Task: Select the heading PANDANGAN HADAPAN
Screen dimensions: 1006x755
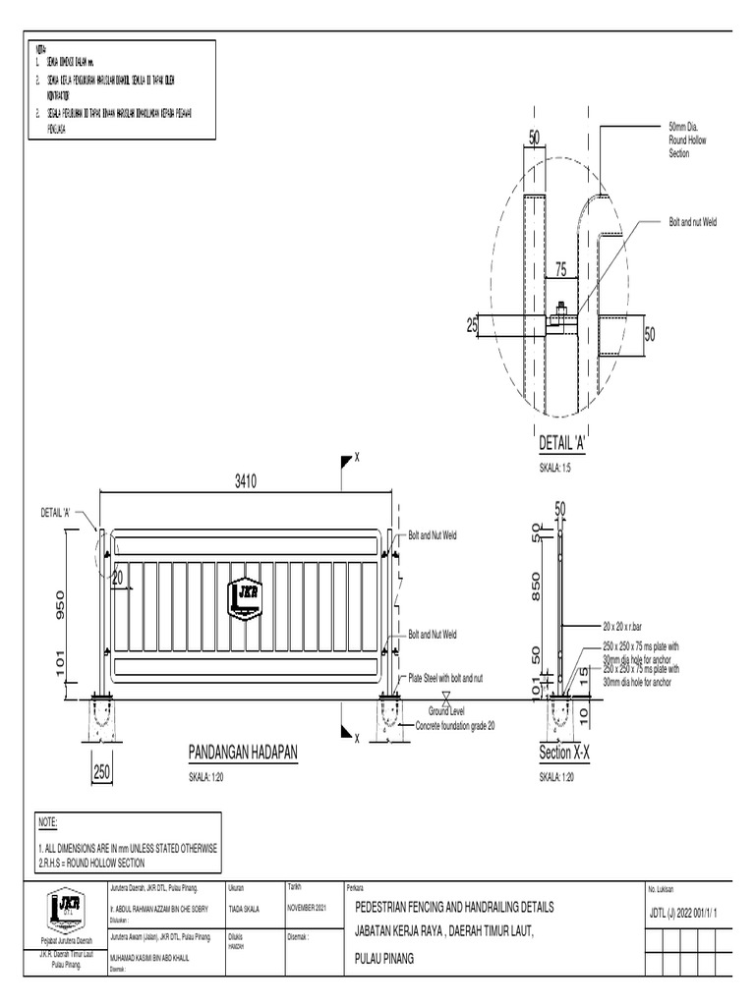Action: pos(242,753)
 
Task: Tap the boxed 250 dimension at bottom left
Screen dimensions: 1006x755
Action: pos(103,773)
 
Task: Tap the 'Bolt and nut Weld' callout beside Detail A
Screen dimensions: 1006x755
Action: pos(693,223)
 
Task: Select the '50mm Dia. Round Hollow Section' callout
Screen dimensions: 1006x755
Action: pos(686,140)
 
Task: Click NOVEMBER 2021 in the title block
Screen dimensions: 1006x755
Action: pos(313,908)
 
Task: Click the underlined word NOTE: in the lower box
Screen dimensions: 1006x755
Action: pos(47,821)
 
